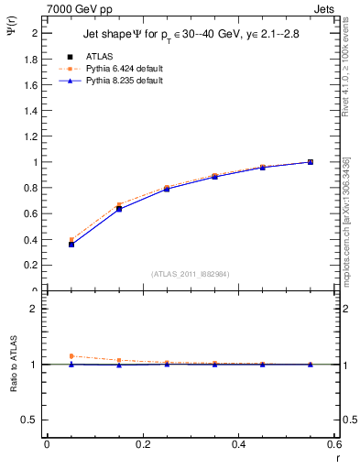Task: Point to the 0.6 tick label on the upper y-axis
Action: pyautogui.click(x=30, y=213)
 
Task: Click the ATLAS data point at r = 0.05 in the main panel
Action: pyautogui.click(x=71, y=245)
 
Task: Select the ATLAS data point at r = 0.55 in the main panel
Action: pyautogui.click(x=311, y=162)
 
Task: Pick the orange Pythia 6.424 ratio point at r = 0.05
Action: pyautogui.click(x=71, y=356)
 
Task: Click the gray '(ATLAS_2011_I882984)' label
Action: pyautogui.click(x=191, y=273)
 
